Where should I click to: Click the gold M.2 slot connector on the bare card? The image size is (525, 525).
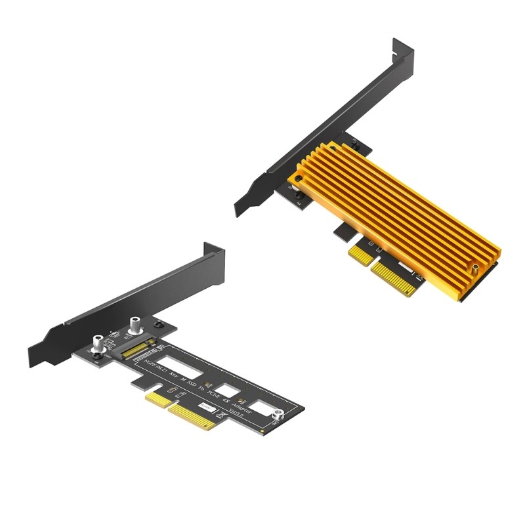click(x=140, y=352)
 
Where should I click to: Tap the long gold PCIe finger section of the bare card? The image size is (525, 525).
click(x=197, y=420)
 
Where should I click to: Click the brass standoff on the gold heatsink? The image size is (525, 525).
click(x=472, y=268)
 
